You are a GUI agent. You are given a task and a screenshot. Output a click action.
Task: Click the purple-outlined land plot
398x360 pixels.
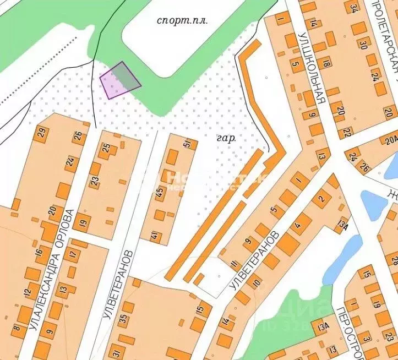pos(120,80)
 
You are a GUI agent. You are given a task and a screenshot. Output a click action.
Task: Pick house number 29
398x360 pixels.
pos(42,132)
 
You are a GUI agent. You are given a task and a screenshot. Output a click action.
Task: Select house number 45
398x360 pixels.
pos(159,194)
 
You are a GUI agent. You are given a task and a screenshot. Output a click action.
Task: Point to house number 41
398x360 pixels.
pos(154,237)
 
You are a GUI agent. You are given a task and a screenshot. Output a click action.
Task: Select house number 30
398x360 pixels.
pos(363,43)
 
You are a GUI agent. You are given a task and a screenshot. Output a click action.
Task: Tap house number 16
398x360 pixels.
pos(39,252)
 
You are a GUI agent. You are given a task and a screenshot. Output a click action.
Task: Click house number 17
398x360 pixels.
pos(73,255)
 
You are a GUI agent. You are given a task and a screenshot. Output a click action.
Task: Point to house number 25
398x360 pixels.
pos(106,148)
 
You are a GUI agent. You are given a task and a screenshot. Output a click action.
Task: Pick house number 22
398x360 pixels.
pos(347,132)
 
